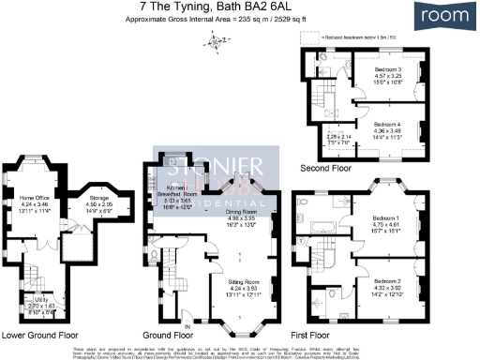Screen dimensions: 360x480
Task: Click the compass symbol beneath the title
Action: (217, 40)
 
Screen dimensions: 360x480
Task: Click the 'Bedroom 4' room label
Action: (384, 124)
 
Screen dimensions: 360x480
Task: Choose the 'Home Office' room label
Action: (35, 199)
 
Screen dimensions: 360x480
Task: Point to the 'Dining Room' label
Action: (246, 212)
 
